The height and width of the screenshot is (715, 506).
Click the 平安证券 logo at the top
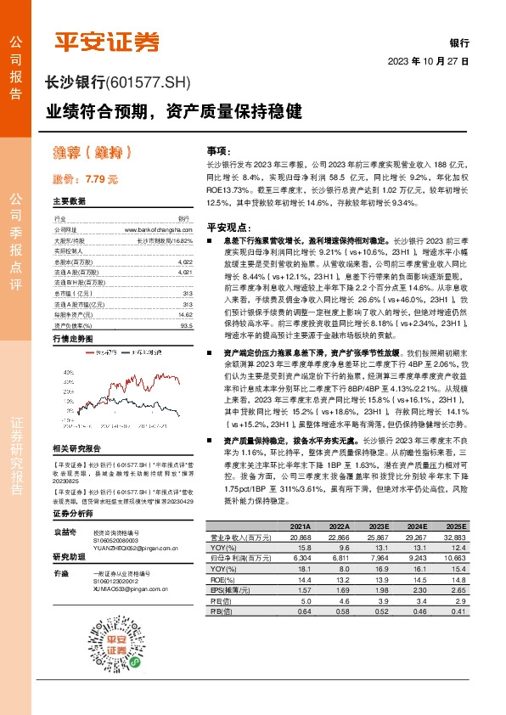(x=107, y=42)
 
